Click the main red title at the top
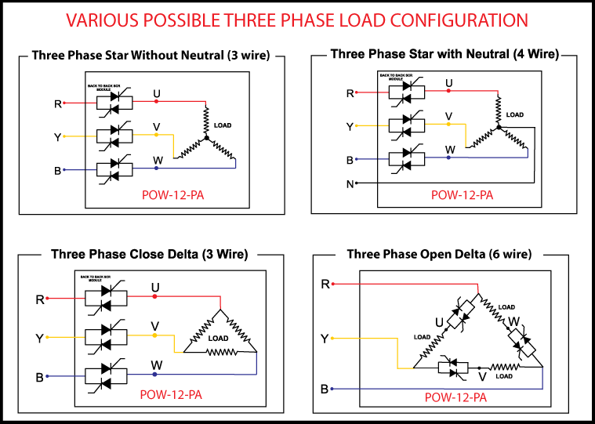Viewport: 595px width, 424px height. pyautogui.click(x=296, y=19)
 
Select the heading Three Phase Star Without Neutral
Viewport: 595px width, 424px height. pyautogui.click(x=151, y=56)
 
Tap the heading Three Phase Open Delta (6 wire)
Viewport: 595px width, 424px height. pyautogui.click(x=439, y=254)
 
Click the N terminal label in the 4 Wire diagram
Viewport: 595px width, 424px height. pyautogui.click(x=350, y=184)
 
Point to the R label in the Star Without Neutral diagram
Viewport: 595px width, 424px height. pyautogui.click(x=57, y=103)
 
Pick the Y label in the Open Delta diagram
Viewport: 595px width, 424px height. pyautogui.click(x=324, y=339)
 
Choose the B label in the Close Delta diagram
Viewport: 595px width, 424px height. pyautogui.click(x=38, y=377)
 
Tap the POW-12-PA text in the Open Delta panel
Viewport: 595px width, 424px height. pyautogui.click(x=455, y=397)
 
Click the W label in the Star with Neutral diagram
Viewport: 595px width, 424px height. pyautogui.click(x=449, y=149)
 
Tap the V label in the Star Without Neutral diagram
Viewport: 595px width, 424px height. pyautogui.click(x=157, y=126)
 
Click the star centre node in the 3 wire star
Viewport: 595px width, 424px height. pyautogui.click(x=206, y=138)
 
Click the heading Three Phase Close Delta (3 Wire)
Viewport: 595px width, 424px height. pyautogui.click(x=149, y=254)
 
